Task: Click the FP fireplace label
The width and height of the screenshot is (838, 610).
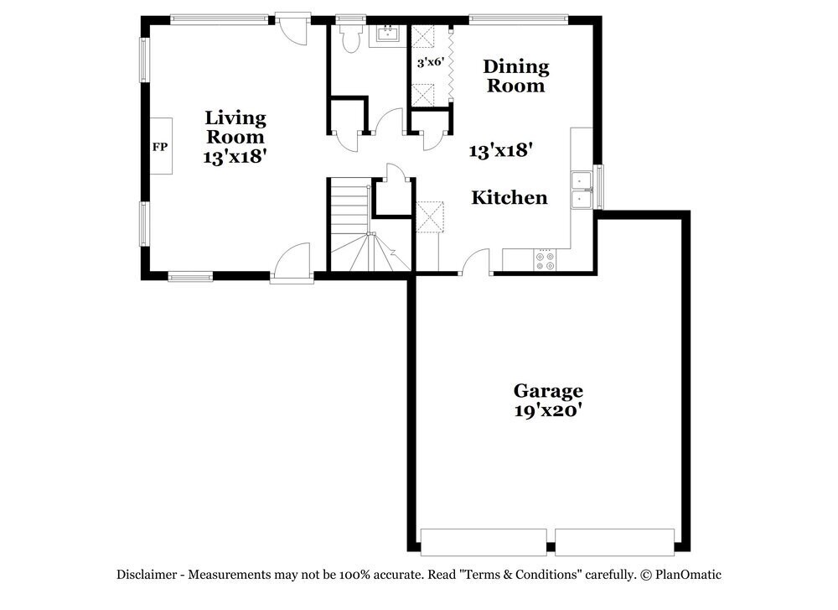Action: pos(159,148)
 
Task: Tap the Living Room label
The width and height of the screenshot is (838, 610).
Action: pos(235,128)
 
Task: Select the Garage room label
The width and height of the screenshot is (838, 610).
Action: pos(548,391)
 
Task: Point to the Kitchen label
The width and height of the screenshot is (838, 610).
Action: pos(510,198)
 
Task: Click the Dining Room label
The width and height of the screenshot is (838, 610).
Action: pos(516,76)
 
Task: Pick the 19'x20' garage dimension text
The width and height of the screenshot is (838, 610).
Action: pos(548,411)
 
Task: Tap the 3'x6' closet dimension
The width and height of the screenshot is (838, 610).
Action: pos(431,62)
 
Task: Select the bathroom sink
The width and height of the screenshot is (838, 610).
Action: pos(388,34)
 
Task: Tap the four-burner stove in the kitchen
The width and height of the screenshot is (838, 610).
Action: pos(544,261)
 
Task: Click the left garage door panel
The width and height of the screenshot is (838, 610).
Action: pos(484,541)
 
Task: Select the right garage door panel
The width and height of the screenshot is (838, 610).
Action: pos(615,541)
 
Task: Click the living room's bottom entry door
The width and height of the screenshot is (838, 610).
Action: pos(291,262)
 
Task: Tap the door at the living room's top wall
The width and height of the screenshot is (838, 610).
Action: pos(292,27)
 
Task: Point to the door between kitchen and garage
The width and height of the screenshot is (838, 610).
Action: pos(475,263)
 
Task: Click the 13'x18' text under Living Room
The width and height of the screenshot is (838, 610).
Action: pos(235,156)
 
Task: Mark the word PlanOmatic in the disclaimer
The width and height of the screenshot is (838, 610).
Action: pos(689,575)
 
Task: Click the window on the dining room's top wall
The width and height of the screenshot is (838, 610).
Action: pos(520,18)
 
